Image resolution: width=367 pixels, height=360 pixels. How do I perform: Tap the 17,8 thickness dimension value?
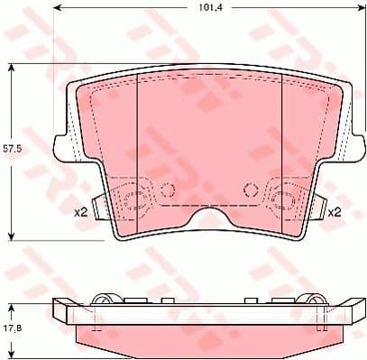pyautogui.click(x=10, y=316)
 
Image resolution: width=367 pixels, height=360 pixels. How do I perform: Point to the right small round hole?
pyautogui.click(x=249, y=189)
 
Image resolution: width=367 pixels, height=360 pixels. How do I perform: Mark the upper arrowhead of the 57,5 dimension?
pyautogui.click(x=10, y=67)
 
